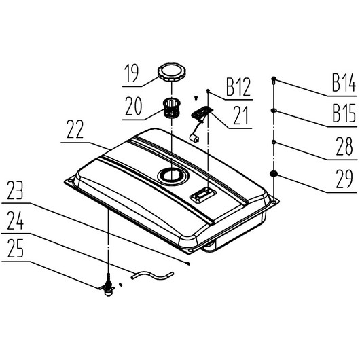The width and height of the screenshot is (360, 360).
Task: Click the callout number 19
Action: click(x=132, y=73)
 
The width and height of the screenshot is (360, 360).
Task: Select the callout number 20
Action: click(x=133, y=106)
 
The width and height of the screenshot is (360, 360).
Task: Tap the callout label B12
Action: click(x=238, y=87)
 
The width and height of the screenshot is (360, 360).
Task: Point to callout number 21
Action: click(x=241, y=115)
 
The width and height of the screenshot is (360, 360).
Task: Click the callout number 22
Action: click(x=75, y=129)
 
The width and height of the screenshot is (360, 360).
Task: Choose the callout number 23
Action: click(x=15, y=190)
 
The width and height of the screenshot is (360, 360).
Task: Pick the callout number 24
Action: click(x=15, y=220)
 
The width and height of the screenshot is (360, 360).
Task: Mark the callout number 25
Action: click(x=16, y=248)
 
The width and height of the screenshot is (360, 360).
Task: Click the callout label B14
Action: click(x=344, y=83)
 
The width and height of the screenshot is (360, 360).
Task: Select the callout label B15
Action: click(x=344, y=113)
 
